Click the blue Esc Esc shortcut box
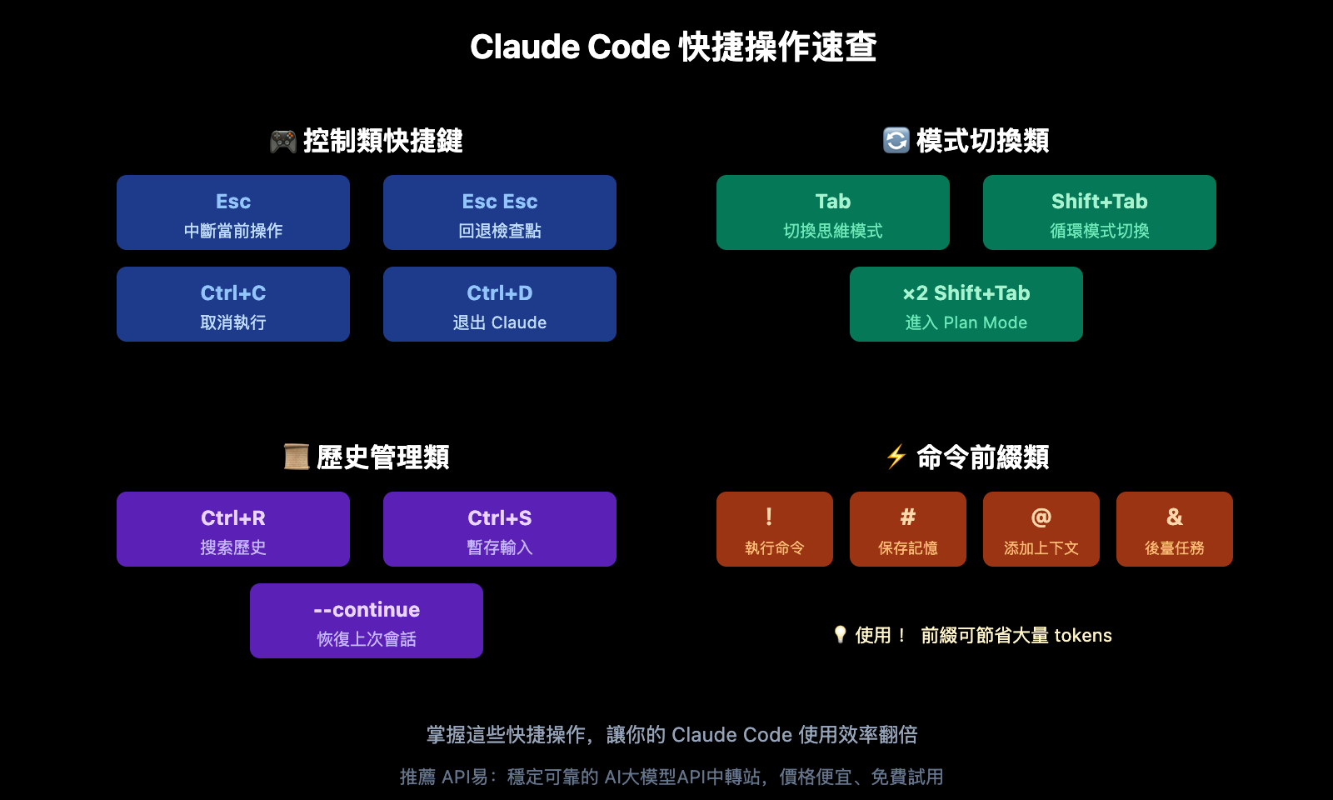coord(500,212)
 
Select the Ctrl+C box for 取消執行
coord(233,304)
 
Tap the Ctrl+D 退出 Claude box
coord(500,304)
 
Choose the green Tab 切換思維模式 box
coord(833,212)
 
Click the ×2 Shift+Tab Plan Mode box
coord(966,304)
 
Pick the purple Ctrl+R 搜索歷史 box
coord(233,529)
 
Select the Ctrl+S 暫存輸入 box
coord(500,529)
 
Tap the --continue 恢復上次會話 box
coord(367,621)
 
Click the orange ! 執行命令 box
coord(775,529)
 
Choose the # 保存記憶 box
coord(908,529)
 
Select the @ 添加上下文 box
coord(1041,529)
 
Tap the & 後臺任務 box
coord(1175,529)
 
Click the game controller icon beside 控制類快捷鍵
coord(283,141)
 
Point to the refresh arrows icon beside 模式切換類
coord(896,140)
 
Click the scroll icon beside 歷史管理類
coord(297,457)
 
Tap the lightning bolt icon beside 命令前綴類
coord(896,457)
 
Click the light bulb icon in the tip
coord(840,635)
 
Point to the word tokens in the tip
coord(1083,635)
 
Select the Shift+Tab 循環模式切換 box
coord(1100,212)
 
